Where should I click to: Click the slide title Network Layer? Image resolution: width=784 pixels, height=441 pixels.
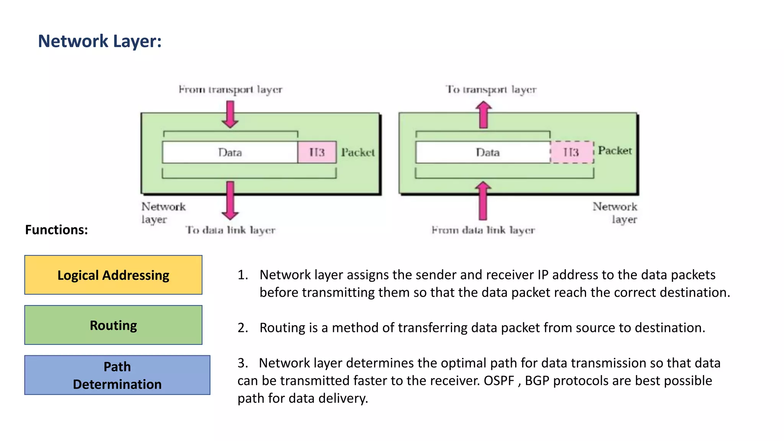(x=100, y=41)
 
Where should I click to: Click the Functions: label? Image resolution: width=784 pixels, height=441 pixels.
(x=56, y=230)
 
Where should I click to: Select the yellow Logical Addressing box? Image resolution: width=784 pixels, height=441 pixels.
(x=113, y=275)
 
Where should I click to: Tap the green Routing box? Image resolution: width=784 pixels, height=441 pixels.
(x=113, y=325)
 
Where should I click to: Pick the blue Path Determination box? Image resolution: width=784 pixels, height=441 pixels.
(x=117, y=375)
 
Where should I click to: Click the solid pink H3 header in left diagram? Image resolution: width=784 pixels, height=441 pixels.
(x=317, y=152)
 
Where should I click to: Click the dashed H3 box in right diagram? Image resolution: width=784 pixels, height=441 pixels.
(x=572, y=152)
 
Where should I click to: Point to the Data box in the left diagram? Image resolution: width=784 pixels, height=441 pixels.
(x=230, y=152)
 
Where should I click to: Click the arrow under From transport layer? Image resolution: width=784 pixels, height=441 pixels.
(x=230, y=114)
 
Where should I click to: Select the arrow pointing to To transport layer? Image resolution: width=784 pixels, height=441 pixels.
(x=483, y=114)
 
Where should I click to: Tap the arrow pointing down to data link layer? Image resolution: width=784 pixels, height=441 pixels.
(x=230, y=200)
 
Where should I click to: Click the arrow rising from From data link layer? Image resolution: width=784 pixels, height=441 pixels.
(x=483, y=201)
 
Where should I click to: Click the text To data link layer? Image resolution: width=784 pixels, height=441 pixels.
(x=230, y=230)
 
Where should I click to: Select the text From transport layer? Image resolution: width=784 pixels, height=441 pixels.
(x=230, y=90)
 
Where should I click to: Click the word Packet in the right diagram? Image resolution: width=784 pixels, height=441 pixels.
(x=615, y=150)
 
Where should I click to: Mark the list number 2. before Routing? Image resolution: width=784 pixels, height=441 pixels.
(x=243, y=328)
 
